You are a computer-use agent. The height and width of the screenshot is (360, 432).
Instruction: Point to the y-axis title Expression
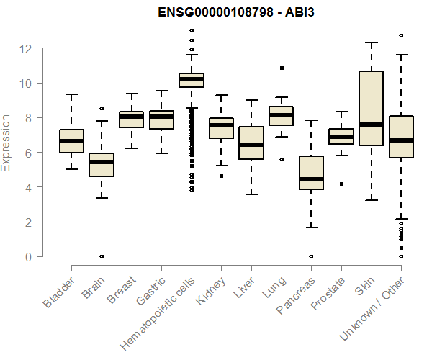(x=6, y=143)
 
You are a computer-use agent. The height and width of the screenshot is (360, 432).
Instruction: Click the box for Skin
(x=371, y=108)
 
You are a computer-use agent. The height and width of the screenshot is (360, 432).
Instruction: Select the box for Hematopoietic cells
(x=191, y=80)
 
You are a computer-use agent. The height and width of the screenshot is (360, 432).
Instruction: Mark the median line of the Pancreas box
(x=311, y=179)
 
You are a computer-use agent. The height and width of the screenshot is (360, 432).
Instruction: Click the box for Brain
(x=102, y=164)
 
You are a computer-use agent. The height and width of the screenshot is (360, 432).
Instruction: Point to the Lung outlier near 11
(x=282, y=68)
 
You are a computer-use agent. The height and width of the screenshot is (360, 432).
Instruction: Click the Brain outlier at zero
(x=102, y=256)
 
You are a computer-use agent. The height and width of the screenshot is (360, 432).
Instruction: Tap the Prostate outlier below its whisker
(x=341, y=184)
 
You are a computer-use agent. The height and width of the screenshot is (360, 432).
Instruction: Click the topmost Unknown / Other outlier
(x=401, y=35)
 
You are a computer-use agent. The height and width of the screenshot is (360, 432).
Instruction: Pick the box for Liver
(x=251, y=143)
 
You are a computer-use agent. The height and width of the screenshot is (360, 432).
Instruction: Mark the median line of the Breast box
(x=131, y=117)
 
